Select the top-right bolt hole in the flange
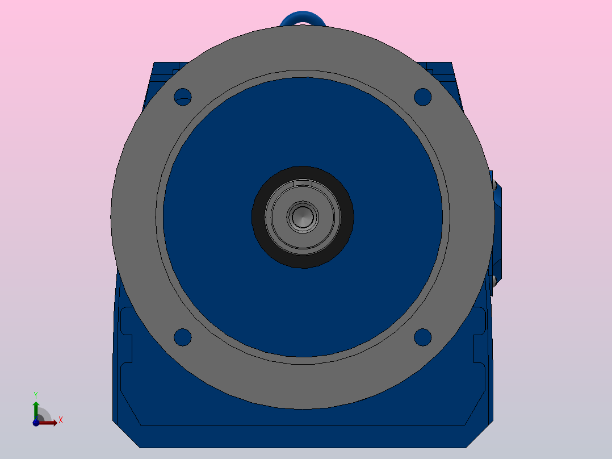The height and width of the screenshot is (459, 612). click(x=422, y=97)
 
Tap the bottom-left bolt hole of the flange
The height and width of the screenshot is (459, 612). click(x=182, y=337)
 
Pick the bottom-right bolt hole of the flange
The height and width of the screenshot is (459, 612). click(x=422, y=337)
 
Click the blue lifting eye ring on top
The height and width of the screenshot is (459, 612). click(x=303, y=17)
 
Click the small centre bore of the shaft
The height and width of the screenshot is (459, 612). click(x=303, y=216)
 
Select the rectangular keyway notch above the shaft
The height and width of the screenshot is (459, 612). click(x=303, y=183)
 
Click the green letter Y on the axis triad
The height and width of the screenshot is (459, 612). click(x=35, y=394)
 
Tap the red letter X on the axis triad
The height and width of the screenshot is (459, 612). click(x=60, y=420)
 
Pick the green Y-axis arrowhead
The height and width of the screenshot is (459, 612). click(x=36, y=404)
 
